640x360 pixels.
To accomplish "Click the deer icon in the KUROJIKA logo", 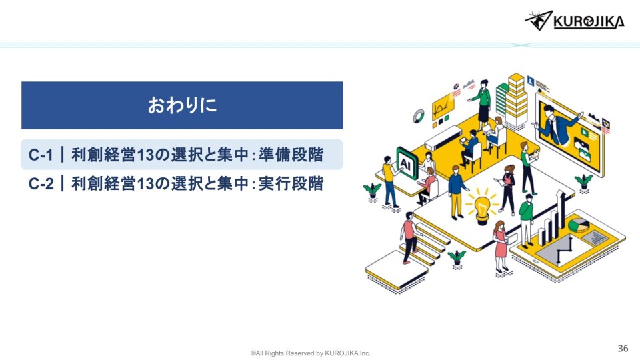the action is [x=539, y=21].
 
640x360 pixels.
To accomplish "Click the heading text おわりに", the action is [x=182, y=105].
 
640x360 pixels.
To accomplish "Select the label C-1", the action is [x=41, y=155].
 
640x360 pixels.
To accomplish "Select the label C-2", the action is [x=41, y=184].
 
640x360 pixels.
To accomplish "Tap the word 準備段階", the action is [x=291, y=155].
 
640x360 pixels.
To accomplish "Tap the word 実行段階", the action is [x=291, y=183].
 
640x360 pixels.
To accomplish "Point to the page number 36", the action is [x=623, y=348].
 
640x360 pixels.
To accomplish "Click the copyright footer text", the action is [x=311, y=353].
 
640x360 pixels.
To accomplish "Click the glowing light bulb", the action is [x=483, y=206].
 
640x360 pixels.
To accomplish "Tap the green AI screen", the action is [x=407, y=164].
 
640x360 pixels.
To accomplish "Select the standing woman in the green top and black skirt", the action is [x=483, y=102].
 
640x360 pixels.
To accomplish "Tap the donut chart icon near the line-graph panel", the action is [x=418, y=116].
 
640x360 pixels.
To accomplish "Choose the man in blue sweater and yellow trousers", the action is [x=457, y=192].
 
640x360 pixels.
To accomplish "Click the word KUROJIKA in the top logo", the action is [x=589, y=21].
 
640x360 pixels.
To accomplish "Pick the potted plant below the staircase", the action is [x=457, y=258].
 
